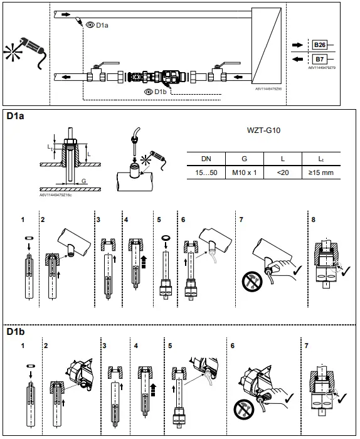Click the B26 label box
point(320,45)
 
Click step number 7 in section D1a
point(241,220)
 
